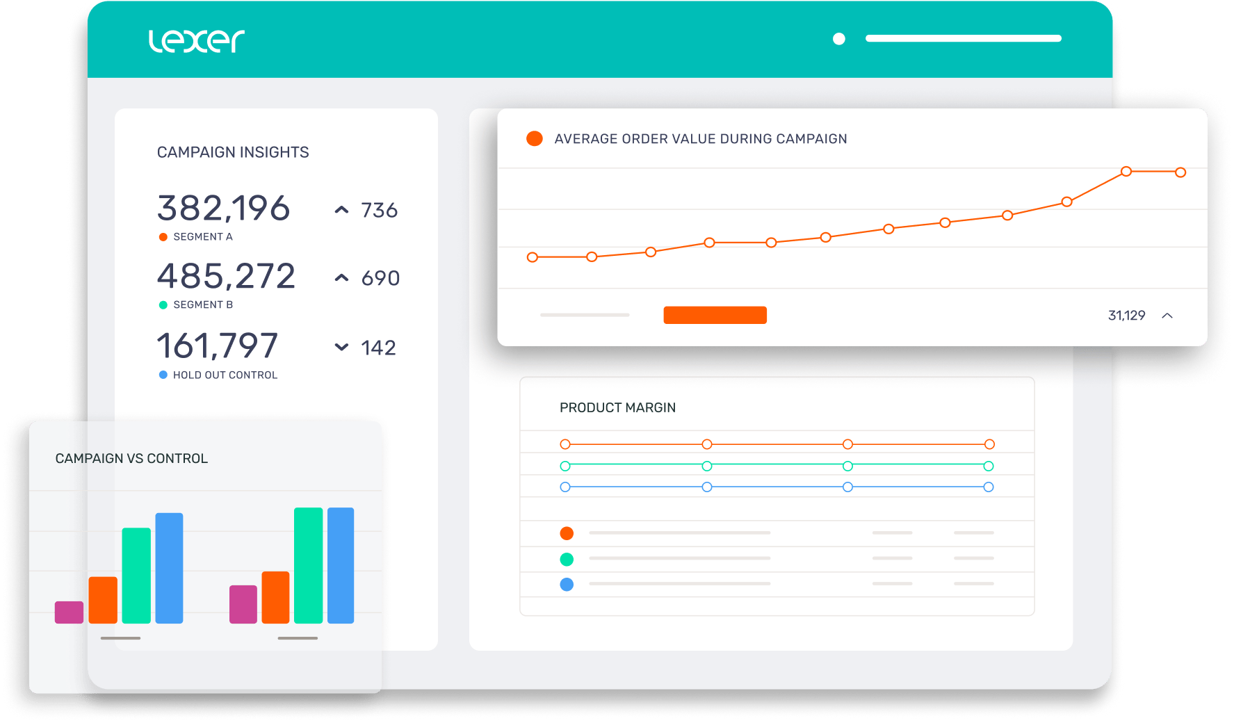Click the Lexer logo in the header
click(x=197, y=41)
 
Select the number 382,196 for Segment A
click(x=223, y=209)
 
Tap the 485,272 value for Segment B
click(x=226, y=277)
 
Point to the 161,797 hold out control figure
click(x=218, y=346)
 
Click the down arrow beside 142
click(x=341, y=347)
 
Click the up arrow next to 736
click(x=341, y=210)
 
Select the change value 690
click(x=380, y=278)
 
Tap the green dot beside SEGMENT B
click(x=163, y=305)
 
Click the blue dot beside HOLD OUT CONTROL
click(x=163, y=375)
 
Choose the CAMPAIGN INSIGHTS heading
click(x=233, y=152)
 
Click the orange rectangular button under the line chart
click(x=715, y=315)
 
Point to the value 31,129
click(x=1126, y=316)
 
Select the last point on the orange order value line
click(x=1180, y=172)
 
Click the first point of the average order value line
click(x=533, y=257)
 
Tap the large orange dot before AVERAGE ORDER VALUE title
click(x=534, y=138)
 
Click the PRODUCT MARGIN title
click(x=617, y=408)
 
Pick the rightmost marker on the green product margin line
click(x=989, y=466)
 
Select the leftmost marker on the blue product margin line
click(x=565, y=487)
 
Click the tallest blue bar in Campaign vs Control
click(x=341, y=564)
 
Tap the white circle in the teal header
click(x=839, y=39)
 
